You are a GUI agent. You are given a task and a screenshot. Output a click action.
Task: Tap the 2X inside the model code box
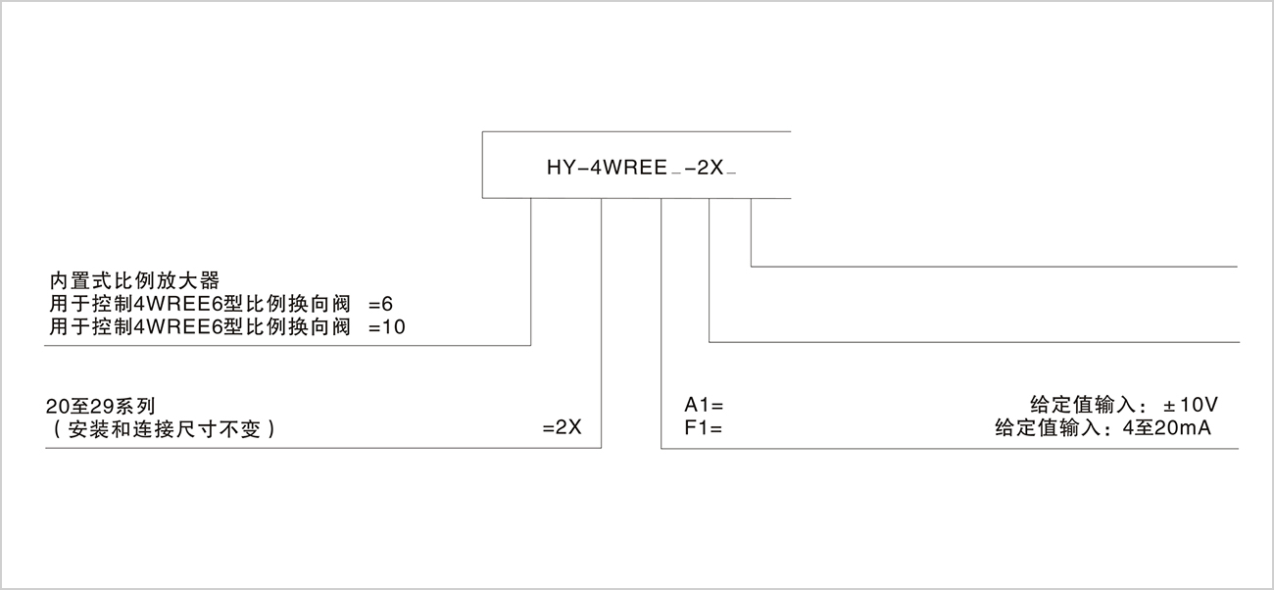click(709, 168)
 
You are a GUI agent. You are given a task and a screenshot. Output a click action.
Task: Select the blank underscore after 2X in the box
click(732, 173)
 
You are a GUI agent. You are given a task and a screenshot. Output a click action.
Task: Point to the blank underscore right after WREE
click(676, 173)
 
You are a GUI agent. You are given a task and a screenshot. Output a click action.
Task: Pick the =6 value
click(380, 305)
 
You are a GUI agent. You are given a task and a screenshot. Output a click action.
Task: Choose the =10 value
click(386, 327)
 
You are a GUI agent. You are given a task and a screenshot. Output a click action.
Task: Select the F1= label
click(703, 429)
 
